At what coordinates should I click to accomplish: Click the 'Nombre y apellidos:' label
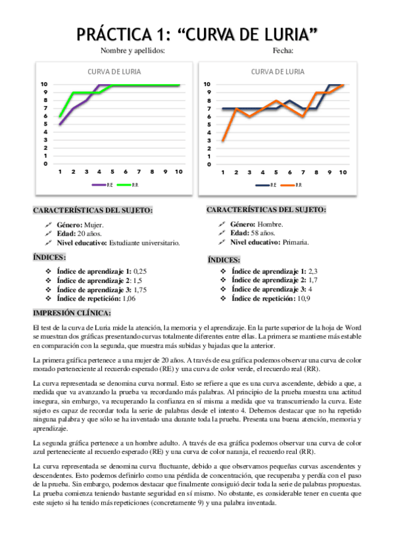pos(132,51)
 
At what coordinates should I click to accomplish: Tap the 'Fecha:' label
pos(283,51)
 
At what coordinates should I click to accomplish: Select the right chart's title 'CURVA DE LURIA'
pos(278,72)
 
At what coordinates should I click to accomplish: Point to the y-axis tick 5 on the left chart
pos(45,124)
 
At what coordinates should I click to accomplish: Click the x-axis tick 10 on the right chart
pos(343,172)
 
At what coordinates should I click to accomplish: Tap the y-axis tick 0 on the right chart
pos(208,164)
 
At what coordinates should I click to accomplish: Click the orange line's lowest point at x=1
pos(223,140)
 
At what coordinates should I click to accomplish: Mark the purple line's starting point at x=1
pos(60,124)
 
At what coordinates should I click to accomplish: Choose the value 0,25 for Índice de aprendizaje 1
pos(139,270)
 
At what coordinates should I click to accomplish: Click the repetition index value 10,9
pos(307,298)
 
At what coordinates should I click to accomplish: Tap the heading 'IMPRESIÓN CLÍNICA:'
pos(72,313)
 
